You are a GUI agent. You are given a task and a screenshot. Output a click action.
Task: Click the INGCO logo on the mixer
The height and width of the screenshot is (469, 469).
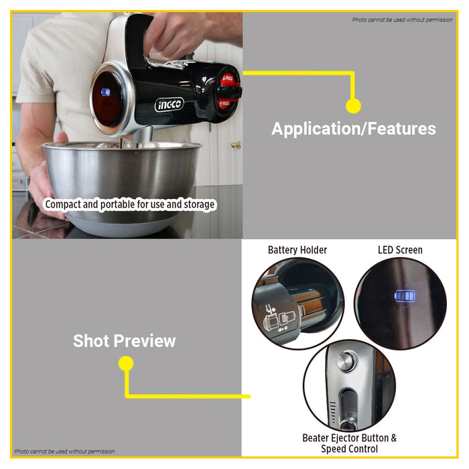click(170, 105)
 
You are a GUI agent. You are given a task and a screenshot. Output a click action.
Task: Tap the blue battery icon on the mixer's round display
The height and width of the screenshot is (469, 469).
click(105, 92)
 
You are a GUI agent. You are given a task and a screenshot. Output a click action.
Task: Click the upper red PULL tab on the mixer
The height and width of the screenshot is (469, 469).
click(229, 79)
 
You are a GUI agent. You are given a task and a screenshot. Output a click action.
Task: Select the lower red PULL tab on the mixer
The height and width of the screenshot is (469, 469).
click(226, 103)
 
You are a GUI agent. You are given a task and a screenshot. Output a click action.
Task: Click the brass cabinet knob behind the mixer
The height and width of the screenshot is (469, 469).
click(237, 145)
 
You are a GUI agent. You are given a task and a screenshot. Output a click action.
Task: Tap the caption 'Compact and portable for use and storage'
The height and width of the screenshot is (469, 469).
click(130, 204)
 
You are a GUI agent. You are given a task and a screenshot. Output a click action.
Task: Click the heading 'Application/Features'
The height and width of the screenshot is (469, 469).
click(354, 129)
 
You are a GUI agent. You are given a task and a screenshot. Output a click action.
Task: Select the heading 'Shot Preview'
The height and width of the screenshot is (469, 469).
click(125, 340)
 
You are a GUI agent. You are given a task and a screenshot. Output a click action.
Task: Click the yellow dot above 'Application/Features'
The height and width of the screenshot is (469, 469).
click(353, 106)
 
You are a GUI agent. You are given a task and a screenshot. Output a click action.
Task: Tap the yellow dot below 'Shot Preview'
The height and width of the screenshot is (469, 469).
click(126, 363)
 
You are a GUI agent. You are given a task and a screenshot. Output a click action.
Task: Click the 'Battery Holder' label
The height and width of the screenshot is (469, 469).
click(297, 250)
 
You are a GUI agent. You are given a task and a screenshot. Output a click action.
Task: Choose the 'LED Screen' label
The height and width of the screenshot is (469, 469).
click(400, 250)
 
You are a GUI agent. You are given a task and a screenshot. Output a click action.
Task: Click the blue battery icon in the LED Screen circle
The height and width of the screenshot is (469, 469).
click(405, 296)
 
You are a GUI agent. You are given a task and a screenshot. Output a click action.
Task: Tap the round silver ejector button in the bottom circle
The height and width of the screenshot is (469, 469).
click(347, 361)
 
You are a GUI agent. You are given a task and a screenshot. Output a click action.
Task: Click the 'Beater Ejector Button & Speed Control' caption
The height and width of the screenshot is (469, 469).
click(349, 444)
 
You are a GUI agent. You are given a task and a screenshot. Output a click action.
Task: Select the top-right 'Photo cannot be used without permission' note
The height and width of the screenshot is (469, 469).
click(402, 19)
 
